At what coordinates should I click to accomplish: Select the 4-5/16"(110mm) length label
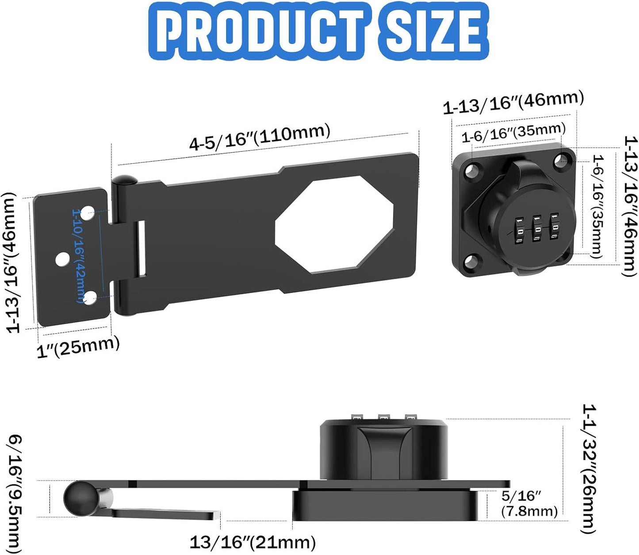tap(260, 137)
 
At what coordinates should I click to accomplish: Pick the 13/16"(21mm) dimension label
tap(253, 542)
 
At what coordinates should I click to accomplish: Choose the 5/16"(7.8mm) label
tap(529, 504)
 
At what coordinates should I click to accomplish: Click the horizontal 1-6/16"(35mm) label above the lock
tap(513, 133)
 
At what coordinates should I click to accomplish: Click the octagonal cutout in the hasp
tap(334, 223)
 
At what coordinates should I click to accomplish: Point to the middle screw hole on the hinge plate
tap(62, 259)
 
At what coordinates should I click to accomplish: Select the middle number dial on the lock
tap(537, 228)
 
